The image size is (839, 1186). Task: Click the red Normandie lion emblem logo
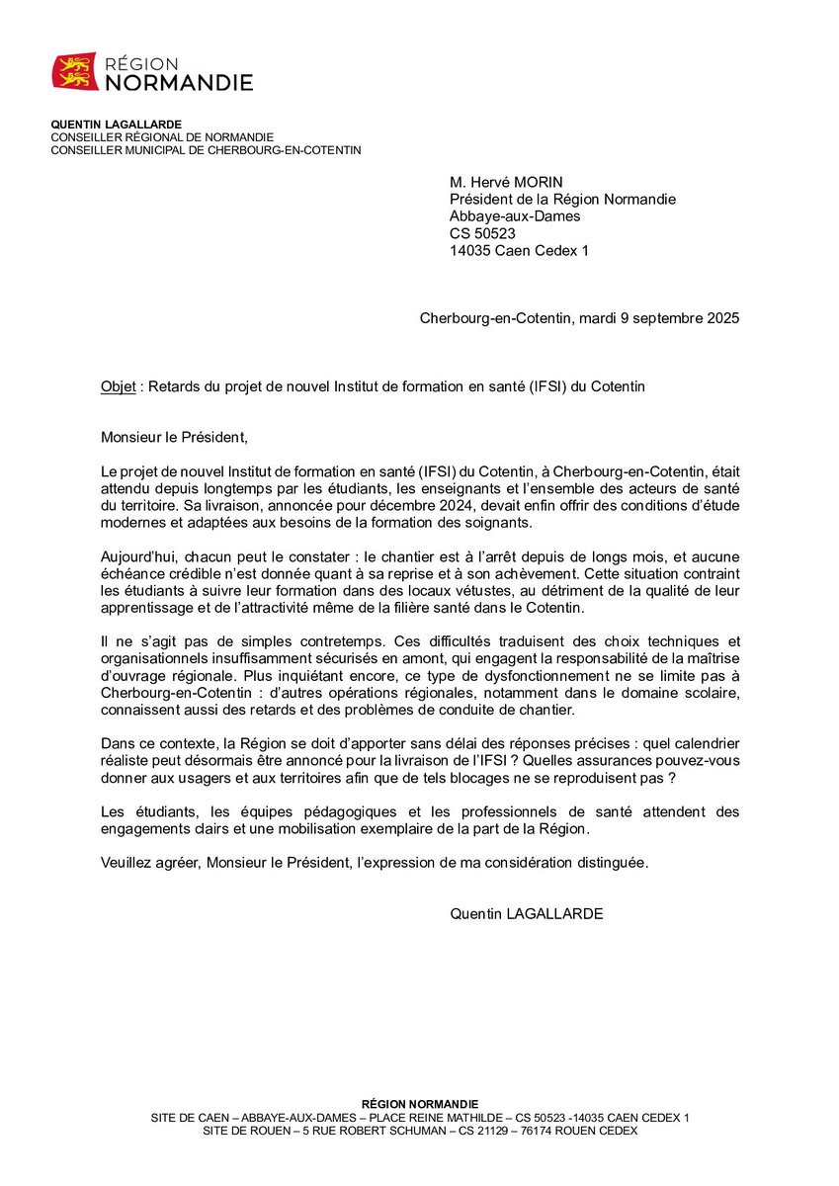point(75,71)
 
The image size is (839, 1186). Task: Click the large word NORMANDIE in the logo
point(179,83)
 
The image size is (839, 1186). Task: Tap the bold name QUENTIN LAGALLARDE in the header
point(117,124)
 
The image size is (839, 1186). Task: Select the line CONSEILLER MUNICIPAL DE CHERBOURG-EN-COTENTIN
point(206,150)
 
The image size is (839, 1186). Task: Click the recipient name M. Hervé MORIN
point(507,182)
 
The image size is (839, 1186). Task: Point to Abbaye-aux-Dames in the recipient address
point(515,216)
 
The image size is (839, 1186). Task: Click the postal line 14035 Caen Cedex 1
point(519,250)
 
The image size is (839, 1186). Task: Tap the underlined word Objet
point(118,386)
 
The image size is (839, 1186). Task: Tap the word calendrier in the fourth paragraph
point(705,743)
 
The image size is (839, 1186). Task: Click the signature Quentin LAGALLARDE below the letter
point(526,913)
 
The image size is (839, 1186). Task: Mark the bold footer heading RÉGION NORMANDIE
point(420,1104)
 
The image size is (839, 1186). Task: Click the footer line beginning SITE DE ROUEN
point(420,1131)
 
